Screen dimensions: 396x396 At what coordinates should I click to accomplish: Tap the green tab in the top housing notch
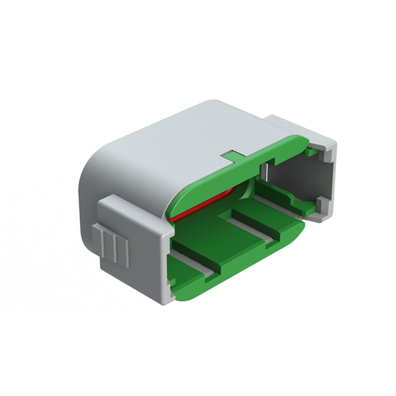[231, 154]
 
